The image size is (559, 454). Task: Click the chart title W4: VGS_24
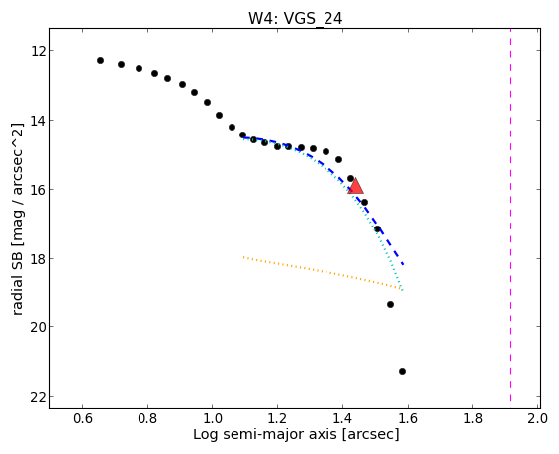tap(296, 18)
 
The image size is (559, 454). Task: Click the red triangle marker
tap(356, 186)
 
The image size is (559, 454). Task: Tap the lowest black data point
tap(402, 371)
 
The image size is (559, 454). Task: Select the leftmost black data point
tap(100, 61)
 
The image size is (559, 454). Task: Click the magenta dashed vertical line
tap(510, 215)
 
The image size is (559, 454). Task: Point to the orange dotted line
tap(322, 272)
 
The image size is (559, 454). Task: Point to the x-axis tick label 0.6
tap(83, 418)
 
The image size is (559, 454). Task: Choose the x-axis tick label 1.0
tap(213, 418)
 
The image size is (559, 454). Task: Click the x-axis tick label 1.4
tap(342, 418)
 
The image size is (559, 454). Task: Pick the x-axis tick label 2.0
tap(538, 418)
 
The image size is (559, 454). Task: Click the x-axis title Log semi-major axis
tap(266, 435)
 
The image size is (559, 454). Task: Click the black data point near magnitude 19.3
tap(390, 304)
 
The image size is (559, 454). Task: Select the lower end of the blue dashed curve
tap(404, 265)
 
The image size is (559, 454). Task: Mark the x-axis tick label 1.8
tap(473, 418)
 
